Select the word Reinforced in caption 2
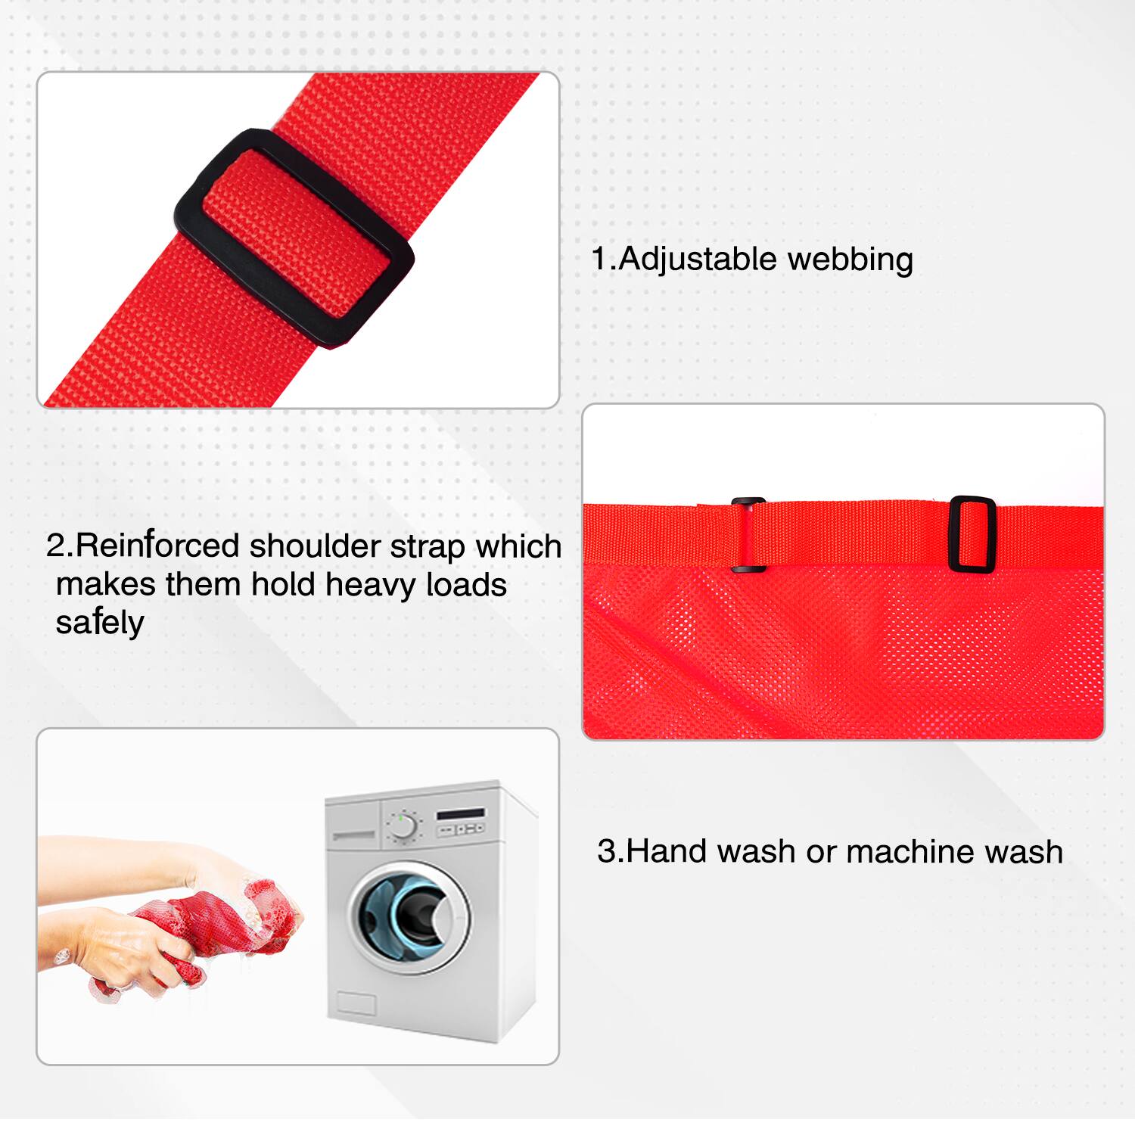(157, 546)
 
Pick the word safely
(99, 623)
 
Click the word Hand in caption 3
(667, 851)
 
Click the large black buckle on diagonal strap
(294, 238)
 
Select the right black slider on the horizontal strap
(972, 534)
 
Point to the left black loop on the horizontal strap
(748, 534)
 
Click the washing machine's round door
(409, 917)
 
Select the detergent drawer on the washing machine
(353, 835)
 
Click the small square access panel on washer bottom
(356, 1003)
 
